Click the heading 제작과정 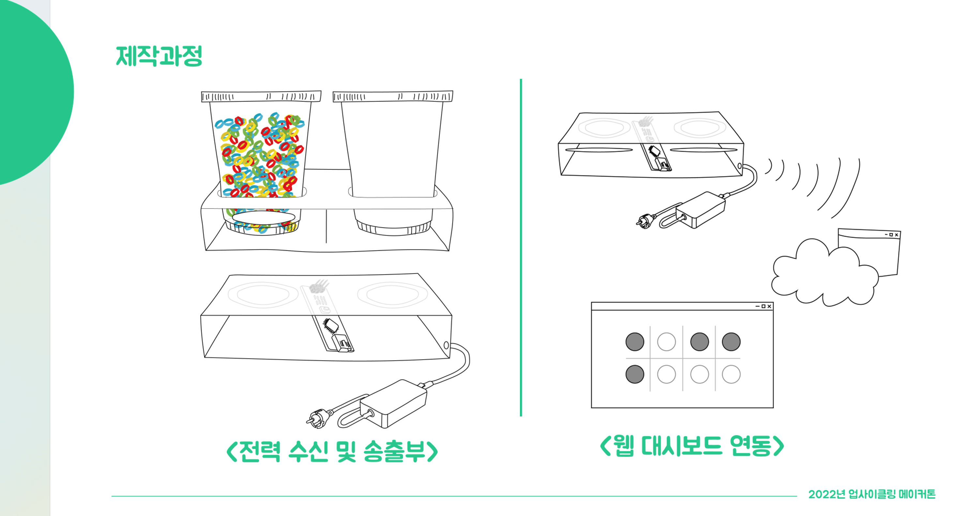(x=159, y=56)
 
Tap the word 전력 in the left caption (x=260, y=451)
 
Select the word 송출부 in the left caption (x=394, y=451)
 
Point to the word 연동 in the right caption (x=751, y=446)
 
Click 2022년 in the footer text (x=827, y=494)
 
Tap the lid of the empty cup (x=393, y=97)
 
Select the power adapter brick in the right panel (x=701, y=210)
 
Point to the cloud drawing (x=825, y=273)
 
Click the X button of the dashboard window (x=769, y=306)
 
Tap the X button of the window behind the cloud (x=897, y=235)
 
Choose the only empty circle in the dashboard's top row (x=666, y=342)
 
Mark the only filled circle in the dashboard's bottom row (x=635, y=374)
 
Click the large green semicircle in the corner (x=34, y=91)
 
